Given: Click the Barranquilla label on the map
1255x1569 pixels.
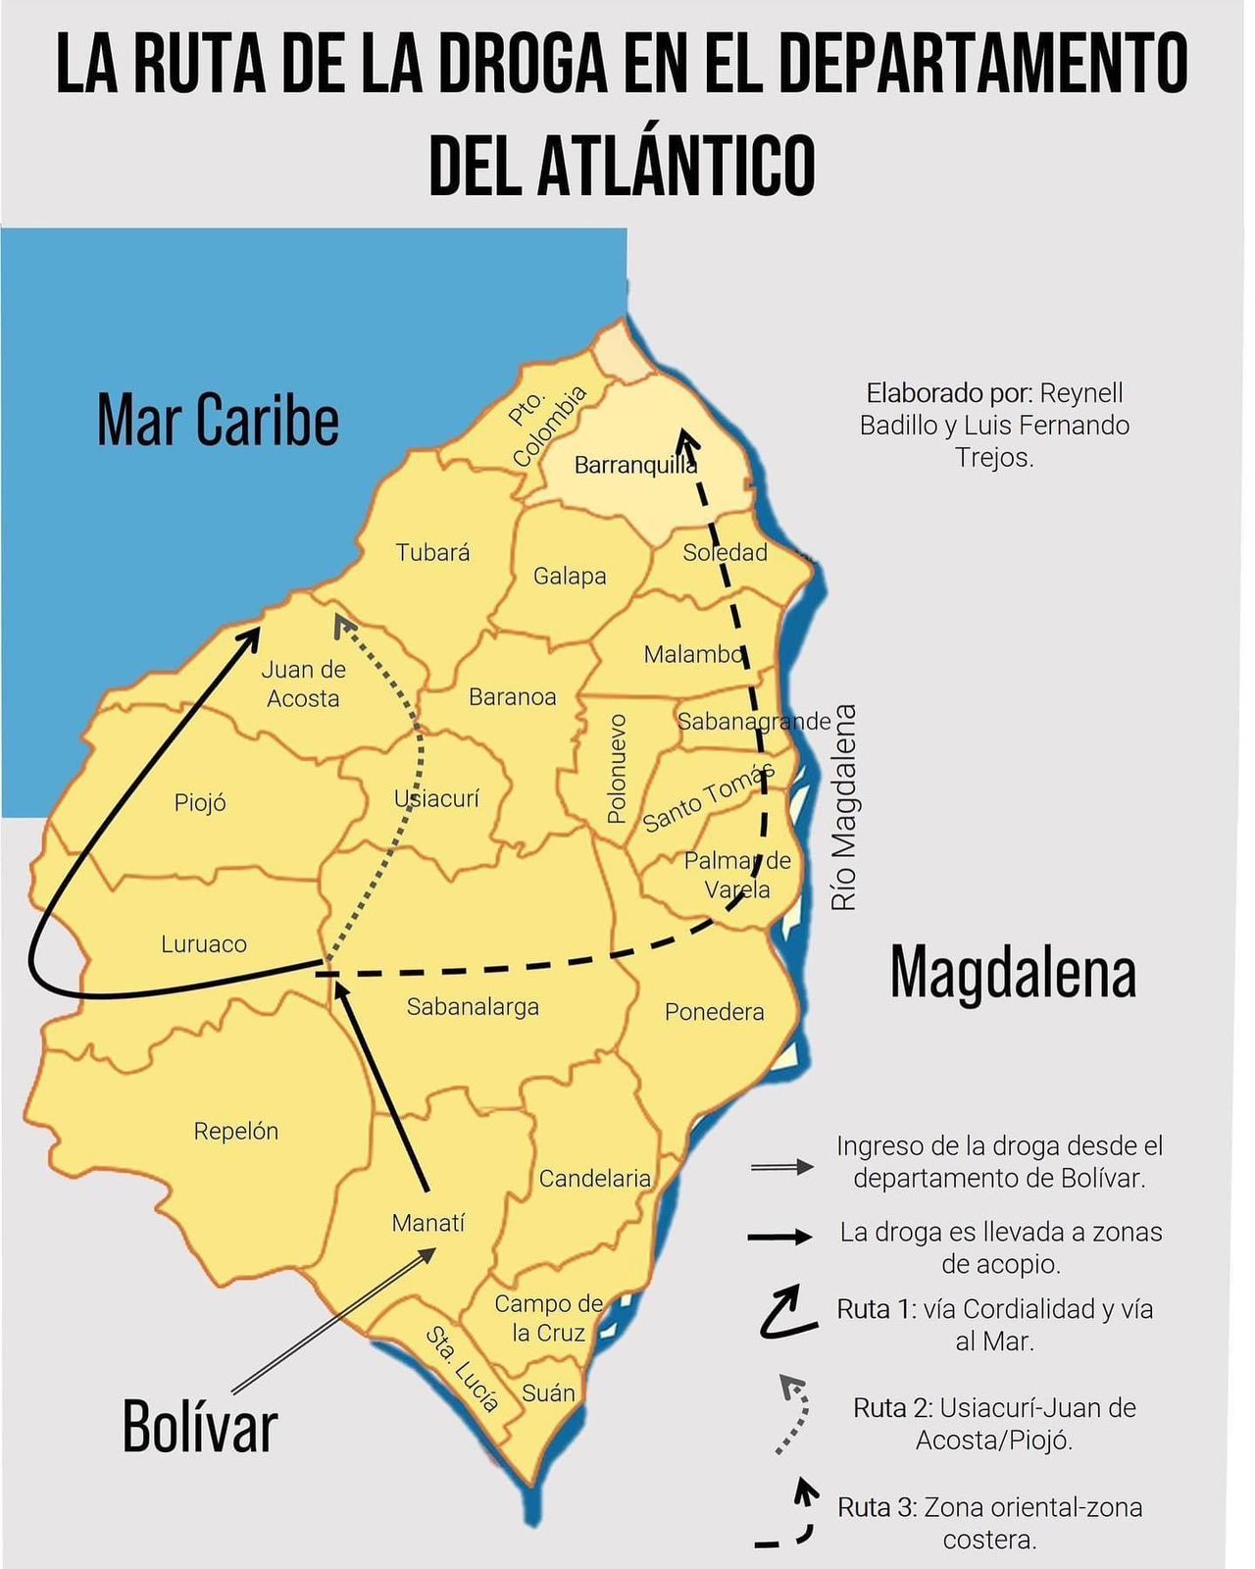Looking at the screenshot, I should tap(634, 465).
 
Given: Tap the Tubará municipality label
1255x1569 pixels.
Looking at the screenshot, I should tap(432, 552).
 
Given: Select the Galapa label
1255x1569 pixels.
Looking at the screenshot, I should tap(569, 576).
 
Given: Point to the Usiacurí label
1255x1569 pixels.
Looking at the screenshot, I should tap(436, 798).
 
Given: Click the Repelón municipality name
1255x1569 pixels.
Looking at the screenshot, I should tap(235, 1131).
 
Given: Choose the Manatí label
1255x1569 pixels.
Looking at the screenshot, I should tap(428, 1223).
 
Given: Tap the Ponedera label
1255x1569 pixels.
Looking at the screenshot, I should tap(714, 1012).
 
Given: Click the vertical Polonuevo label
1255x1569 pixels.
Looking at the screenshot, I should tap(616, 768).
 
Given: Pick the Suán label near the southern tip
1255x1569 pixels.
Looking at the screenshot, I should tap(548, 1392).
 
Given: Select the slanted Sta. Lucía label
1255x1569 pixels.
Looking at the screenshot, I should tap(462, 1369).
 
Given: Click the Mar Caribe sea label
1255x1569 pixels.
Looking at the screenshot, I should tap(218, 420).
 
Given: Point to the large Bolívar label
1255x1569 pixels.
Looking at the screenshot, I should tap(200, 1427).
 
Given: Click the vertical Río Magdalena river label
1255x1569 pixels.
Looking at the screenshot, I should tap(843, 807).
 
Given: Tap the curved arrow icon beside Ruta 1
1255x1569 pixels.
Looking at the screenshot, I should tap(787, 1314).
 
